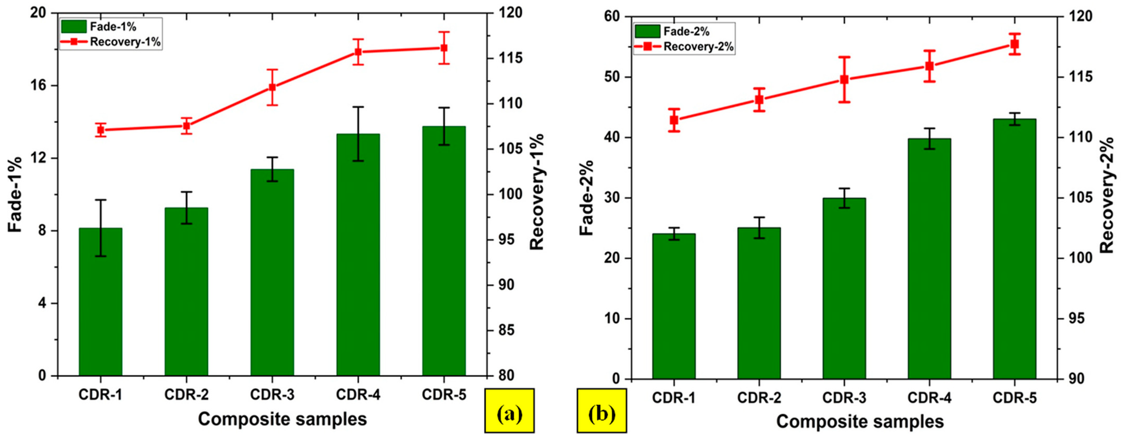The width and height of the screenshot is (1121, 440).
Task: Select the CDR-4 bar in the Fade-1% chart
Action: click(x=358, y=255)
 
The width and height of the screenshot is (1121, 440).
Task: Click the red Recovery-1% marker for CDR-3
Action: click(x=273, y=87)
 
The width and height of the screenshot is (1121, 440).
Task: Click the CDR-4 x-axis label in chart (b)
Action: click(x=930, y=398)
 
